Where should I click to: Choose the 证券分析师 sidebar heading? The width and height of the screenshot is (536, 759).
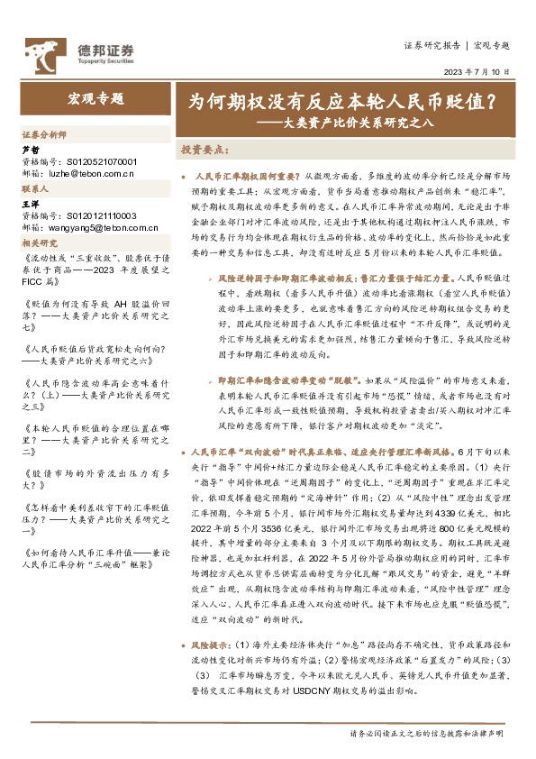[x=44, y=133]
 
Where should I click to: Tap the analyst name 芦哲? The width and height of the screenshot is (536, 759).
[x=30, y=150]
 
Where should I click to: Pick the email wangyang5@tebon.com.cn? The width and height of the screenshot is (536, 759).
[x=96, y=228]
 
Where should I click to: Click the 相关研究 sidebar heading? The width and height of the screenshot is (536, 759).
[x=40, y=243]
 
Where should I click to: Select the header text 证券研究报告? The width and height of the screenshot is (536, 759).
[x=432, y=44]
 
